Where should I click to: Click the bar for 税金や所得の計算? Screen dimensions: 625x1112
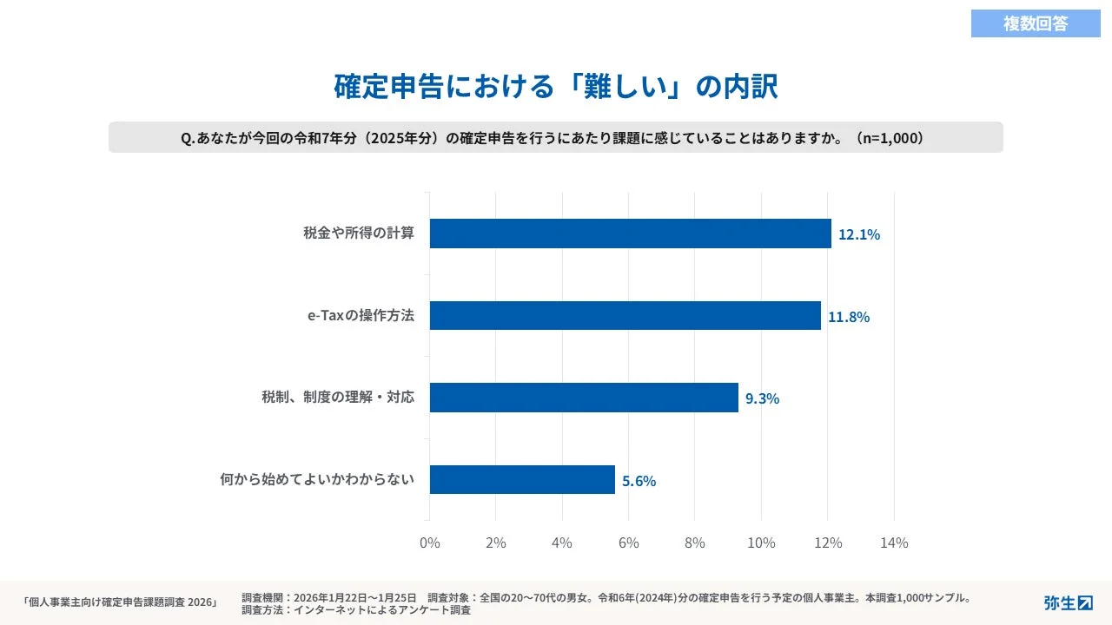point(630,234)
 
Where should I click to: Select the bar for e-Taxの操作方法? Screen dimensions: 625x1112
point(625,316)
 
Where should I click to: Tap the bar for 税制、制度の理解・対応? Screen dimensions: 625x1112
point(584,398)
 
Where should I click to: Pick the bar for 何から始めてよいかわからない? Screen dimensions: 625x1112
point(522,480)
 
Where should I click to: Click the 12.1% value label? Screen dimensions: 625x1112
point(858,234)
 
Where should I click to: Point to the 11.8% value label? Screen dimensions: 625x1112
point(848,317)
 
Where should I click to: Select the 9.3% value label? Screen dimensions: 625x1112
point(762,398)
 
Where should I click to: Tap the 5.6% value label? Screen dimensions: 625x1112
point(639,481)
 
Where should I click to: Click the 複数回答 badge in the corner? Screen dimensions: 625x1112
point(1036,24)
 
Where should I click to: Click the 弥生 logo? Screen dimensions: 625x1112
point(1068,602)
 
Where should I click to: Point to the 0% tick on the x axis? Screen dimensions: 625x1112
point(429,543)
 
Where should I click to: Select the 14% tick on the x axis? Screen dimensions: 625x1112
point(894,543)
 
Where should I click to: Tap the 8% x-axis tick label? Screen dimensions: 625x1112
point(695,543)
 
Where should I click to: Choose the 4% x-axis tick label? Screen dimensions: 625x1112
point(562,543)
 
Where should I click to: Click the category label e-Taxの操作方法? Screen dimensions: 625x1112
point(361,316)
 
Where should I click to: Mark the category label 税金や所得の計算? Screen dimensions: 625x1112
point(359,234)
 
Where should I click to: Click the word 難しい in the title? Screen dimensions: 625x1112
point(626,87)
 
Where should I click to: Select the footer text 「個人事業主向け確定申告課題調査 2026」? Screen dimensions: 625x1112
point(119,602)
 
